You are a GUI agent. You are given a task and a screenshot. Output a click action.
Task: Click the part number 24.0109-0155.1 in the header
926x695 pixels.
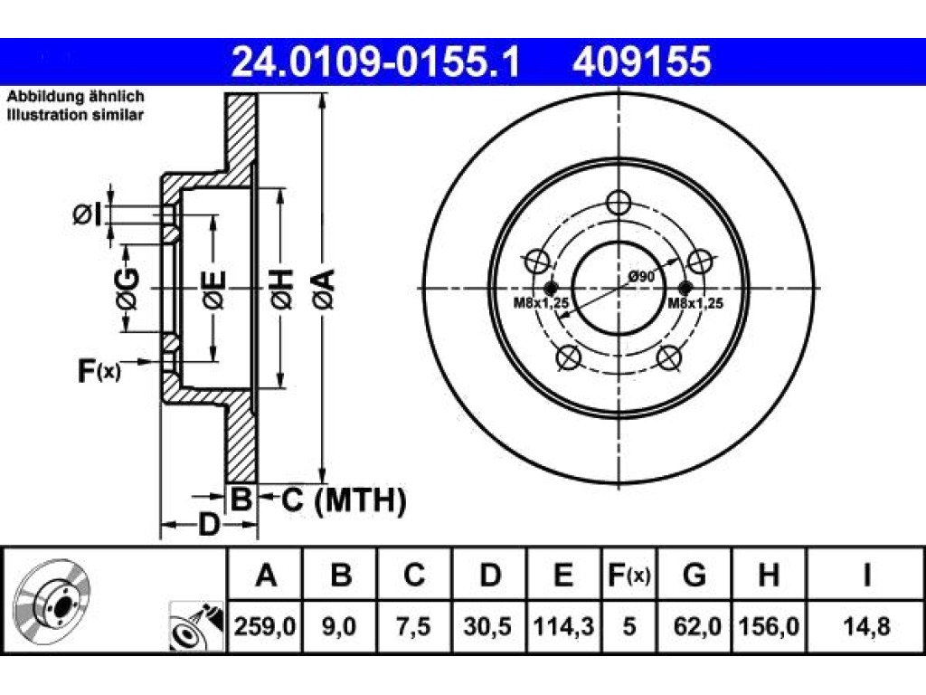click(x=375, y=62)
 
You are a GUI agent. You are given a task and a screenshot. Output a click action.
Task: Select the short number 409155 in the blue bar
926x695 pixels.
click(x=641, y=62)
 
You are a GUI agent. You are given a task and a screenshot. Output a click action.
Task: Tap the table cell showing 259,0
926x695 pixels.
click(x=265, y=626)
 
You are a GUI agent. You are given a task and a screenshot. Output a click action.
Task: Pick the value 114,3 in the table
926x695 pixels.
click(x=563, y=626)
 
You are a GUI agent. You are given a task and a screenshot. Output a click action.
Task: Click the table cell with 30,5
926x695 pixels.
click(x=487, y=626)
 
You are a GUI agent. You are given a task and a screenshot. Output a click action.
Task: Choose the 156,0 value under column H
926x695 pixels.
click(x=769, y=626)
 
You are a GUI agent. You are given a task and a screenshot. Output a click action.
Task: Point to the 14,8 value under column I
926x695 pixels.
click(x=866, y=626)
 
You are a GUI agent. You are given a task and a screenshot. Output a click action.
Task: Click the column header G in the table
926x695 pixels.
click(x=694, y=575)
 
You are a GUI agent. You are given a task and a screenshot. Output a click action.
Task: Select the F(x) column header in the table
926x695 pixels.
click(x=629, y=575)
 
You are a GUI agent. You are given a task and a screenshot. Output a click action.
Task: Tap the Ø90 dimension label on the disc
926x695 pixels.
click(x=641, y=276)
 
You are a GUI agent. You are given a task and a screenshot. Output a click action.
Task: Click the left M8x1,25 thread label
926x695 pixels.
click(x=541, y=303)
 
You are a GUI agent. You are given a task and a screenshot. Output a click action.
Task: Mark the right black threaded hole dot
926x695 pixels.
click(x=685, y=289)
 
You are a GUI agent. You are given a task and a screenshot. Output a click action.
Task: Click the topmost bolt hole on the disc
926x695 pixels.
click(x=619, y=203)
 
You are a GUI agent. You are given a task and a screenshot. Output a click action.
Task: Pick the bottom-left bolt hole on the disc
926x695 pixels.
click(x=569, y=357)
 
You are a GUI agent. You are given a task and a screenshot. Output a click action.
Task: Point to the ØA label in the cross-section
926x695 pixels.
click(x=325, y=289)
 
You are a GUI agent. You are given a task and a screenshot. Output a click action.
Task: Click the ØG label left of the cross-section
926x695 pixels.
click(x=128, y=289)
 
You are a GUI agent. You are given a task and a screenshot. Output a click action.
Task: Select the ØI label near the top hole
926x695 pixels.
click(x=87, y=214)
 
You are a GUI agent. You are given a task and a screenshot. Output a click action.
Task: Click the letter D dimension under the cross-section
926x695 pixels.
click(x=208, y=524)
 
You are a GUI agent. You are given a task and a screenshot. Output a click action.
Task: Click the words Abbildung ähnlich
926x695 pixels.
click(x=76, y=96)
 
